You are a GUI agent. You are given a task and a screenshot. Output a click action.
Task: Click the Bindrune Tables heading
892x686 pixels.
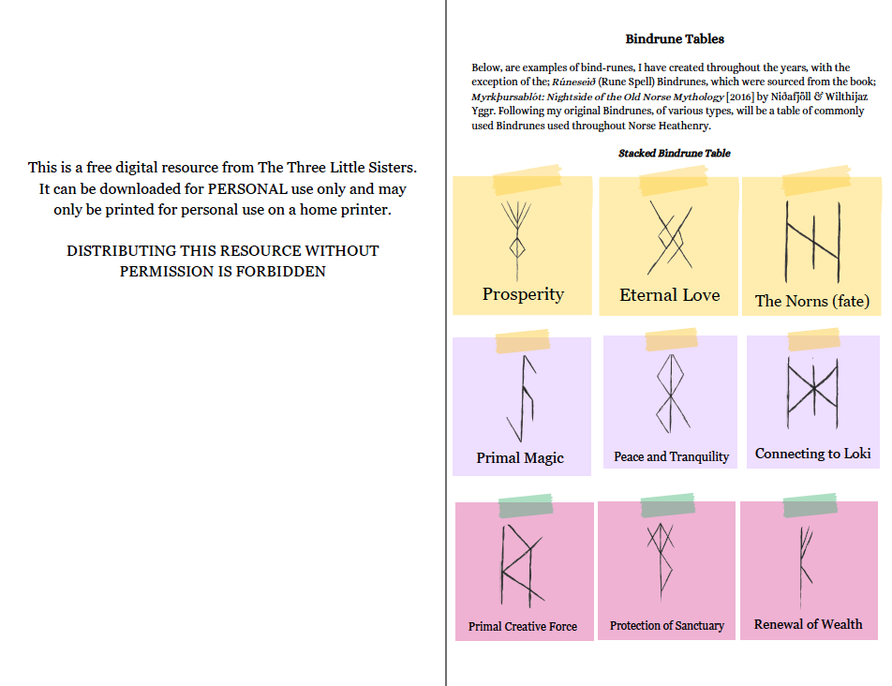(675, 39)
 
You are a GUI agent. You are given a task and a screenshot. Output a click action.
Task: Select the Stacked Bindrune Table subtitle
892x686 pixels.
(675, 153)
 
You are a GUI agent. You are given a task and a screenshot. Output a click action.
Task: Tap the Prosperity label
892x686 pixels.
(523, 294)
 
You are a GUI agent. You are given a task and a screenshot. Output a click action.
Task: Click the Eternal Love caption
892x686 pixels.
(670, 295)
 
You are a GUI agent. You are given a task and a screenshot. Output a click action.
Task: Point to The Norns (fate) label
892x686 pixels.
(812, 301)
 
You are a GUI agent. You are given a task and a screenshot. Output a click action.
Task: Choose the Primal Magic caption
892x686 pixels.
(520, 458)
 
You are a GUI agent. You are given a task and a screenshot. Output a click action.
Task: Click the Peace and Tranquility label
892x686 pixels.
(671, 456)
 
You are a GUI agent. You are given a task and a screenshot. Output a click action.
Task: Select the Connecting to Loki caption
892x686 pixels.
(812, 454)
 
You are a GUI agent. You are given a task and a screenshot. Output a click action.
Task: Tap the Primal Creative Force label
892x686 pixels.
(523, 626)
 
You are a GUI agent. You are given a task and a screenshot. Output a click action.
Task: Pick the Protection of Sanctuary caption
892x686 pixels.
(666, 625)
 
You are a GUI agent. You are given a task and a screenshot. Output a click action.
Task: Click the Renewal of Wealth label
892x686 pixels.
(808, 624)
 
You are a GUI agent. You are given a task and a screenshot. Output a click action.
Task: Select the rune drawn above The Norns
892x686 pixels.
(811, 242)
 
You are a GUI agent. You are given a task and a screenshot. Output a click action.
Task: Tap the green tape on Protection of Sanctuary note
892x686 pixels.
(667, 505)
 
